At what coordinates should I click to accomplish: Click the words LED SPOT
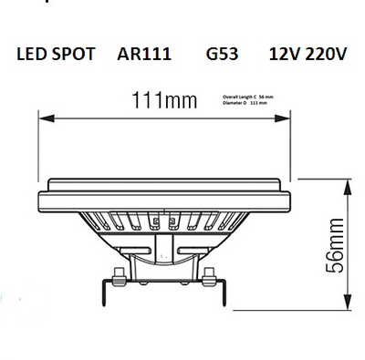pos(56,55)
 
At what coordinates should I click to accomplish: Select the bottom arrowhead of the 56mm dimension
pos(349,307)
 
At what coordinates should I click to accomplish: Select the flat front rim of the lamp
pos(168,193)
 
